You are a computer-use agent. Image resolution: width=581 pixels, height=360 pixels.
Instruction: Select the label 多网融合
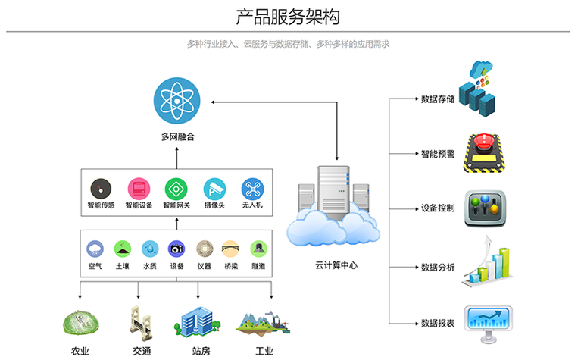[x=178, y=138]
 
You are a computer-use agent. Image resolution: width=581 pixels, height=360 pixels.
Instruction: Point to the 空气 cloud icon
[x=95, y=249]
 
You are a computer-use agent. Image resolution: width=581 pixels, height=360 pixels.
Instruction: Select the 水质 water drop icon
[x=150, y=249]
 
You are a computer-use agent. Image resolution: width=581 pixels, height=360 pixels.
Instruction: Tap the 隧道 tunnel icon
[x=258, y=249]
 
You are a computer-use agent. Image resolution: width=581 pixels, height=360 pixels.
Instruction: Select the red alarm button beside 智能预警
[x=486, y=150]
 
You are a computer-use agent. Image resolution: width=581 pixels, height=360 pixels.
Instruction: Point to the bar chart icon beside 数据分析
[x=489, y=265]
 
